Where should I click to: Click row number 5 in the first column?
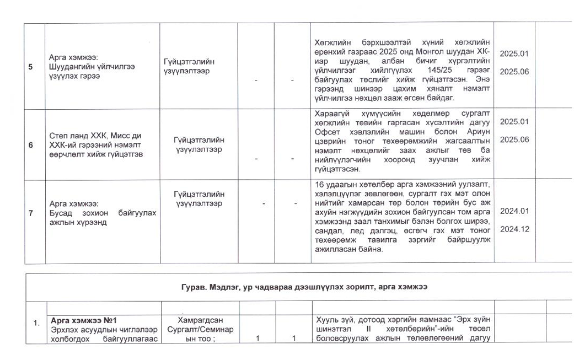(31, 67)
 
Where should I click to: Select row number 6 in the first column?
(31, 145)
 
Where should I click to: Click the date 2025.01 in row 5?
(514, 53)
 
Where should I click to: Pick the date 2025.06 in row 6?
(514, 139)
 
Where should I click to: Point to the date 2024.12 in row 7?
(514, 229)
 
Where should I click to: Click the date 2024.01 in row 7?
(514, 211)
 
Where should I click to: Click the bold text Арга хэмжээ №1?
(83, 320)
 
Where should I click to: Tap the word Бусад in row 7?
(61, 213)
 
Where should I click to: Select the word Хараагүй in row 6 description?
(330, 113)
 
